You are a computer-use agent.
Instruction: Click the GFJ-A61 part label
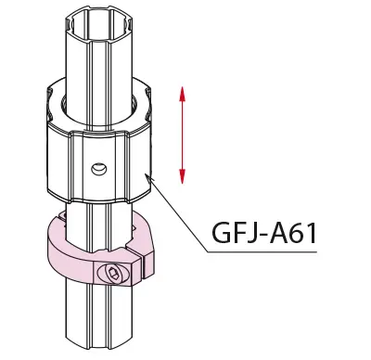[264, 233]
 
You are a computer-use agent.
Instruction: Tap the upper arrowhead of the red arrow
[182, 95]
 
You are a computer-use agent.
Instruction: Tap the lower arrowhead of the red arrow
[182, 176]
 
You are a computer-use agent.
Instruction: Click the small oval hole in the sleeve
[99, 169]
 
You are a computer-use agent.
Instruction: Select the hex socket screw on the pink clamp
[113, 273]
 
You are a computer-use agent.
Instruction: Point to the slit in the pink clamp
[143, 259]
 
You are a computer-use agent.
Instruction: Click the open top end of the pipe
[99, 25]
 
